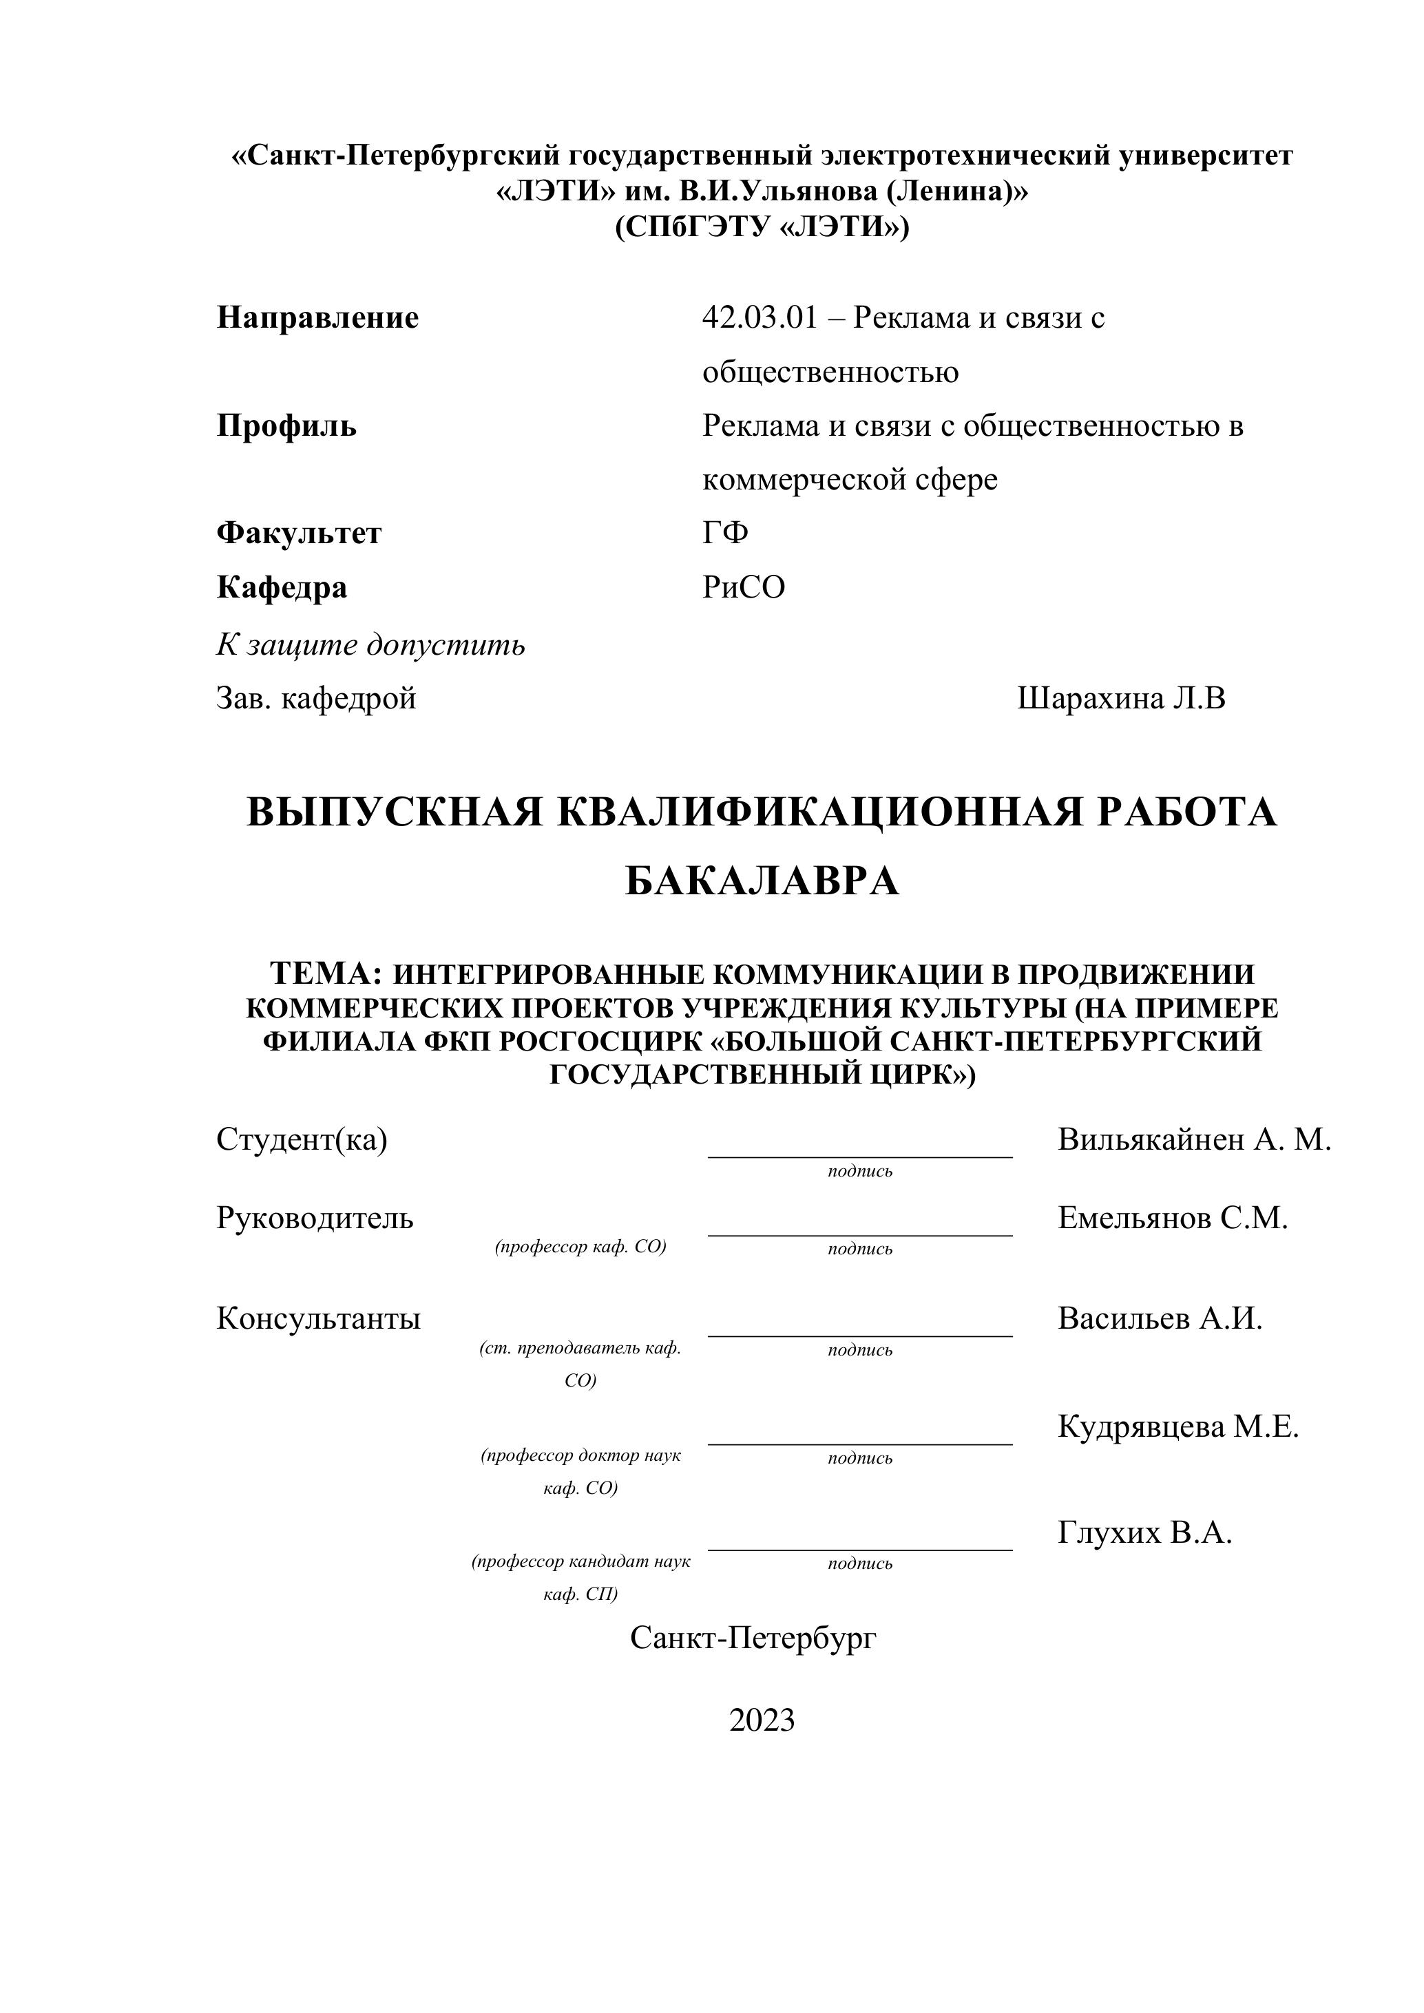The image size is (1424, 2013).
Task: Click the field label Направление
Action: point(317,317)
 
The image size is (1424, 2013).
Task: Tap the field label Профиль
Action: point(286,426)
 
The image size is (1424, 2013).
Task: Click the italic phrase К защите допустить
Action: point(371,645)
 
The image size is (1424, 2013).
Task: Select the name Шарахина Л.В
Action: point(1120,699)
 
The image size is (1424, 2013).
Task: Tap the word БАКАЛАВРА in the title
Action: point(762,881)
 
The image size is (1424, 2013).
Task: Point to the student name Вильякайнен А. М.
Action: point(1194,1140)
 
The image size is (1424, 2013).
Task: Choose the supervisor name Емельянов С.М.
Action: point(1173,1218)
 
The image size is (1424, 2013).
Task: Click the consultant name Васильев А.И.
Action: point(1159,1318)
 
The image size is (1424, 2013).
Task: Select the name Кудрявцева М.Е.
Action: point(1177,1426)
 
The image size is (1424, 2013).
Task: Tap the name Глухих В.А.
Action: point(1144,1532)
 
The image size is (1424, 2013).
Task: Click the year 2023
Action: point(762,1720)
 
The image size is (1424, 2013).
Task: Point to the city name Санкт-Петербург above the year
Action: point(753,1638)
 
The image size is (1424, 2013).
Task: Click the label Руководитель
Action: point(315,1218)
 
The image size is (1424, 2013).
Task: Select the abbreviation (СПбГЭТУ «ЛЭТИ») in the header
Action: point(762,227)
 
